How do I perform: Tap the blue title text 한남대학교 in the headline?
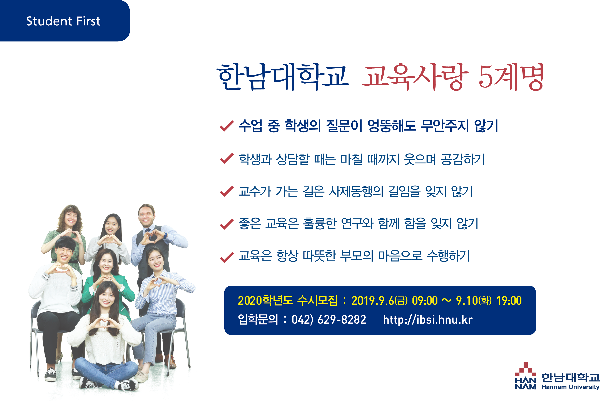tap(283, 77)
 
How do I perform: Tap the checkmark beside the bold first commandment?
tap(227, 126)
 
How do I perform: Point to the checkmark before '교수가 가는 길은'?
tap(227, 191)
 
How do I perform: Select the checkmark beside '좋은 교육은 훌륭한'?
tap(227, 224)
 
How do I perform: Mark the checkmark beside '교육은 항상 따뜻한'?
tap(227, 257)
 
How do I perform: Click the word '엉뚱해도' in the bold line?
tap(392, 126)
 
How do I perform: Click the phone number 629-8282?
tap(342, 320)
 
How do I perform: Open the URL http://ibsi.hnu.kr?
tap(428, 320)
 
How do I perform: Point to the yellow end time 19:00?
tap(509, 300)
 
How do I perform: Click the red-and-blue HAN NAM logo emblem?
tap(526, 376)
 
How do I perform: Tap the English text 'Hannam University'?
tap(570, 387)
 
